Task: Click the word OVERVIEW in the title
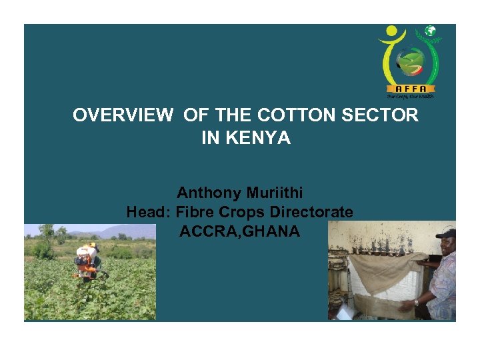(x=122, y=115)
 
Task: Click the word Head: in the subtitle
(x=149, y=213)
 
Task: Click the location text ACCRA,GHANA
(x=239, y=232)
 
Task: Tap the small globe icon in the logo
(x=431, y=31)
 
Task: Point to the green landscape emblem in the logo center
(x=410, y=61)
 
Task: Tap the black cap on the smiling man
(x=446, y=233)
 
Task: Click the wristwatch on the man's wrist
(x=416, y=301)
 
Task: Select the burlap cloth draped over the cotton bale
(x=387, y=270)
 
